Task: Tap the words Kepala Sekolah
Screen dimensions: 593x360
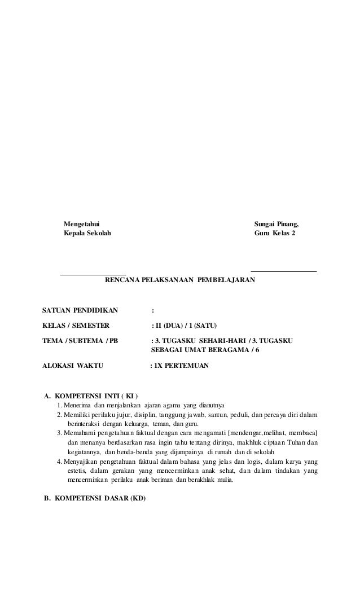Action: (x=87, y=232)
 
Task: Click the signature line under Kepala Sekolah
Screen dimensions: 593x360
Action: (x=93, y=273)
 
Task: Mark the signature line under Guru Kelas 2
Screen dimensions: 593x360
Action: (x=283, y=272)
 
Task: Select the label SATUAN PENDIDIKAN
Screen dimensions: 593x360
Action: (x=81, y=310)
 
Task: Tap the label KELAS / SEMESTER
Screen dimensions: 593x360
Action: (x=77, y=326)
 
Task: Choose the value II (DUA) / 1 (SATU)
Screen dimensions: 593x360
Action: (x=186, y=326)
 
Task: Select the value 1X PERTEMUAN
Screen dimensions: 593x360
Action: (x=181, y=366)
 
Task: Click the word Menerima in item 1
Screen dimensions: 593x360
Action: (x=77, y=406)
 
